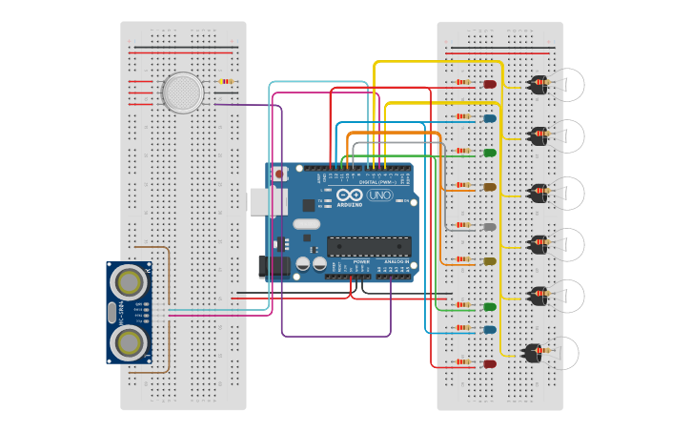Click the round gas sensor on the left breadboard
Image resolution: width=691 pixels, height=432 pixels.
(x=182, y=93)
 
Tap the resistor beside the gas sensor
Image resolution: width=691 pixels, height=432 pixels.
(x=225, y=82)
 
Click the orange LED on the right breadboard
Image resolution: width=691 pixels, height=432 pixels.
(x=490, y=187)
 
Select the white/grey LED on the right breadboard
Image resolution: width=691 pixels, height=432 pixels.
(x=490, y=227)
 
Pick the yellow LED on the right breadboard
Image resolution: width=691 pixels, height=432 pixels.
(x=490, y=261)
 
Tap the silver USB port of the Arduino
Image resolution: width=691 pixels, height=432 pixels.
(x=260, y=201)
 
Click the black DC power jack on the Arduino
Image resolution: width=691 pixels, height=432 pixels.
(x=274, y=266)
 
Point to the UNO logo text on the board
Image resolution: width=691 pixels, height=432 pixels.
(x=379, y=195)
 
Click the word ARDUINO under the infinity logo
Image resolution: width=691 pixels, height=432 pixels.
(x=349, y=205)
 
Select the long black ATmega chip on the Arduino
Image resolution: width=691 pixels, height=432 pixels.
(x=369, y=246)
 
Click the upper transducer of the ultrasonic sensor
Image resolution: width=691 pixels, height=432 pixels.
(x=129, y=282)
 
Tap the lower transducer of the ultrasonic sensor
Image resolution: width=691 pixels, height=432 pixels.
(x=129, y=343)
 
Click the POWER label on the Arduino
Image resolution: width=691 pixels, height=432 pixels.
(x=361, y=261)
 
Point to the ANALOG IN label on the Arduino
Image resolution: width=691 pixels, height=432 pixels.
(x=396, y=261)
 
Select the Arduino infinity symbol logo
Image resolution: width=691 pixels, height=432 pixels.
(x=349, y=195)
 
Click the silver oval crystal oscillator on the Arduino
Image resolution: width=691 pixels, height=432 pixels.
(x=306, y=224)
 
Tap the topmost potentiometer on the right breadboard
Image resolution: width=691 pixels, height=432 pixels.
(x=539, y=84)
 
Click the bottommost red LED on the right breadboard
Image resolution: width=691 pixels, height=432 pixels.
(x=490, y=364)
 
